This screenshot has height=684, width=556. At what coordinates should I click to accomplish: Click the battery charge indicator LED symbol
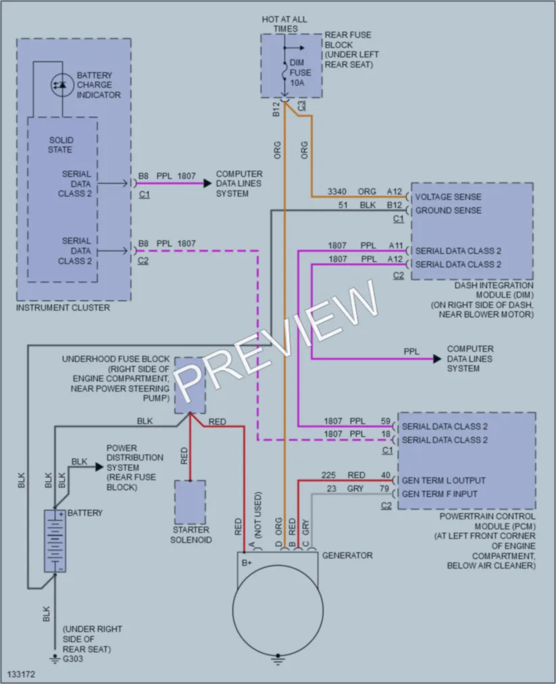(62, 84)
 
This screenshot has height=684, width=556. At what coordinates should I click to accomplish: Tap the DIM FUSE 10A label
(300, 72)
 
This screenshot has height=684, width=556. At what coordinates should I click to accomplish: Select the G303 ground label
(73, 659)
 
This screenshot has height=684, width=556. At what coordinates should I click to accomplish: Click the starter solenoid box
(191, 502)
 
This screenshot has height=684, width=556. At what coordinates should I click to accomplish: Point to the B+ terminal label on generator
(247, 562)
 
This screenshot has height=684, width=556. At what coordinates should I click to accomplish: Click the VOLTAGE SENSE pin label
(448, 196)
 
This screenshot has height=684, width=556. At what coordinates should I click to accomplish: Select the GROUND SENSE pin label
(448, 210)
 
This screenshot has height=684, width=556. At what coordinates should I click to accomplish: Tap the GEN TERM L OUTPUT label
(443, 480)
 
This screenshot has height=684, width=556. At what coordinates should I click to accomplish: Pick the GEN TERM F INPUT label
(440, 494)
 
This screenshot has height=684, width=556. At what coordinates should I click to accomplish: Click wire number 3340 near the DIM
(337, 192)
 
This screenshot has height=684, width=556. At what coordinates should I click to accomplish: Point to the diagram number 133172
(21, 674)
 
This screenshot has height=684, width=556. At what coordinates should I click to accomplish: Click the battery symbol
(55, 541)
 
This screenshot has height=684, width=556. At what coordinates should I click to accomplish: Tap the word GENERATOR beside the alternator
(347, 555)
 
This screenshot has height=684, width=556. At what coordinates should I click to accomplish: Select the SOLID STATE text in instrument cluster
(61, 144)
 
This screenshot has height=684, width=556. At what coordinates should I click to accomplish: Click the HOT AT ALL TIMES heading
(284, 24)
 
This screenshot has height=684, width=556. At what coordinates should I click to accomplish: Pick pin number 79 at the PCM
(384, 489)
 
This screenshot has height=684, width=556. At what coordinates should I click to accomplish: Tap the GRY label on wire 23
(355, 489)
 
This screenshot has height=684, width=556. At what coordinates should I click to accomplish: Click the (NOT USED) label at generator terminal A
(258, 515)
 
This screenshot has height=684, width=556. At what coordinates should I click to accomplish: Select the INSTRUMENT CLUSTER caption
(63, 307)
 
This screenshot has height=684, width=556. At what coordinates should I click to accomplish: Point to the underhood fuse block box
(191, 385)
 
